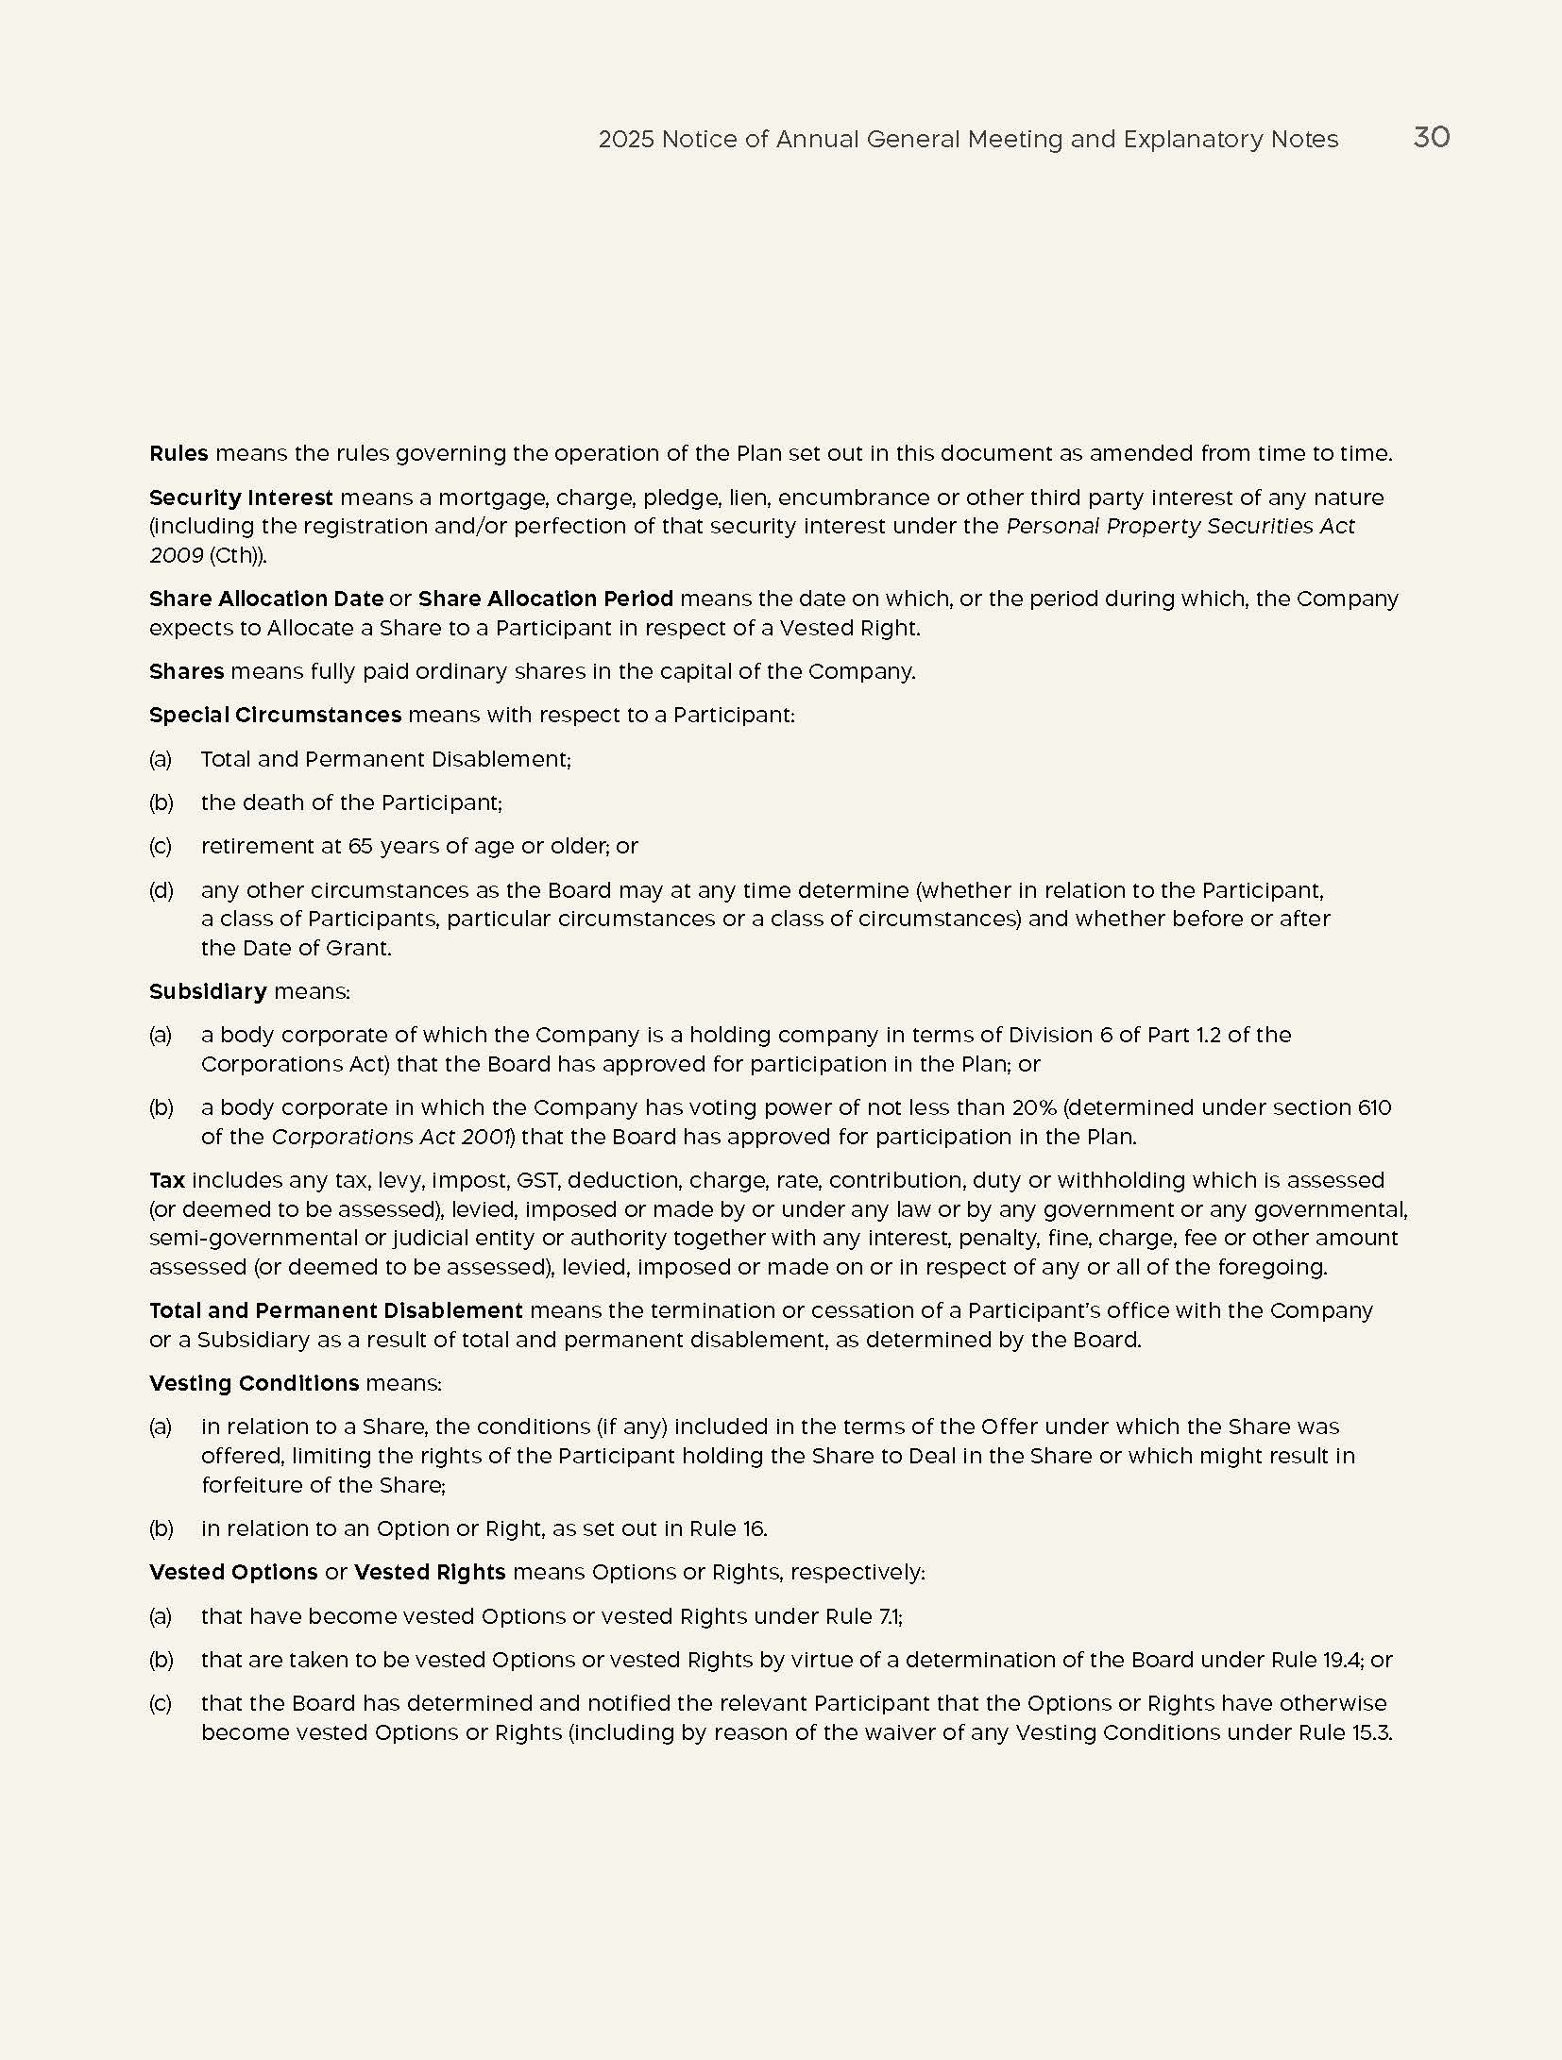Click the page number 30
click(x=1431, y=138)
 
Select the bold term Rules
click(x=178, y=453)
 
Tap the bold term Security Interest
click(x=241, y=498)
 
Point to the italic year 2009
click(x=177, y=555)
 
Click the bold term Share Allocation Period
click(x=546, y=599)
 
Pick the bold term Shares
click(x=186, y=671)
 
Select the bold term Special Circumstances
click(x=275, y=715)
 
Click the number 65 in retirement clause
click(x=361, y=846)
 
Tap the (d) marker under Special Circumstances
click(x=161, y=890)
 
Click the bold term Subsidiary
click(x=208, y=991)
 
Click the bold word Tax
click(x=167, y=1180)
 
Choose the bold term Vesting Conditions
click(x=254, y=1383)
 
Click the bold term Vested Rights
click(x=430, y=1572)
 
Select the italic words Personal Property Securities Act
click(x=1180, y=526)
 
